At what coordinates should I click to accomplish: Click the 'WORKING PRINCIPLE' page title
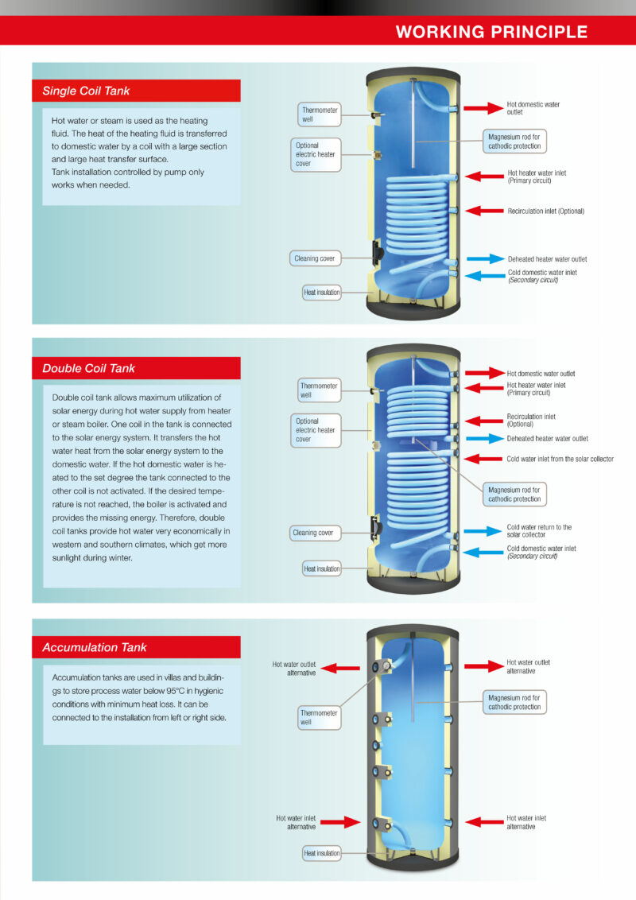[x=491, y=32]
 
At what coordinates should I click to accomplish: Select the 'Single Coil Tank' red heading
[x=136, y=91]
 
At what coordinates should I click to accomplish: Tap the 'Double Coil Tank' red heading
[x=136, y=368]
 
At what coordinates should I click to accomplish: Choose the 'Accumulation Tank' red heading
[x=136, y=647]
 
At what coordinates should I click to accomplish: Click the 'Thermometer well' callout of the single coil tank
[x=319, y=114]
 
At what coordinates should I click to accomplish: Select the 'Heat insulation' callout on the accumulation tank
[x=322, y=854]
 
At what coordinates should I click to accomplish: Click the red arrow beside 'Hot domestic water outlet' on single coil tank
[x=483, y=108]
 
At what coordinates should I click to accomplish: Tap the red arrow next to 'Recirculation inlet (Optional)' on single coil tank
[x=484, y=211]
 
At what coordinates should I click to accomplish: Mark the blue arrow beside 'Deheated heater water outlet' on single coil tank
[x=486, y=259]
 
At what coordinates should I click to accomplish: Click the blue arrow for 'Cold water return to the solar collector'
[x=483, y=531]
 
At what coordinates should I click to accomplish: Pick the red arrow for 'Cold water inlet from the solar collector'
[x=483, y=459]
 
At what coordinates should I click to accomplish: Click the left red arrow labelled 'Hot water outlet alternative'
[x=339, y=668]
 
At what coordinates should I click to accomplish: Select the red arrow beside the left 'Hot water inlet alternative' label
[x=340, y=822]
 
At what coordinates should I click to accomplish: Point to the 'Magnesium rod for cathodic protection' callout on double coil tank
[x=514, y=495]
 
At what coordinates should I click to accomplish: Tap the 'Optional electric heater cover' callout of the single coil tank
[x=315, y=154]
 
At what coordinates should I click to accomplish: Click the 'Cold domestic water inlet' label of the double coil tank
[x=541, y=552]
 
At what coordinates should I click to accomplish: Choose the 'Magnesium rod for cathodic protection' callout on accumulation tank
[x=514, y=702]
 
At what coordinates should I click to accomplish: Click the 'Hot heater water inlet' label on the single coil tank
[x=537, y=177]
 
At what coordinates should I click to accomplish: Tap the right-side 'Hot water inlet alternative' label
[x=526, y=822]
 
